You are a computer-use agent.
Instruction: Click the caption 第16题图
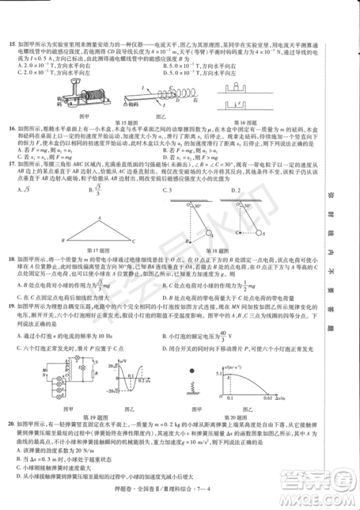[251, 115]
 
